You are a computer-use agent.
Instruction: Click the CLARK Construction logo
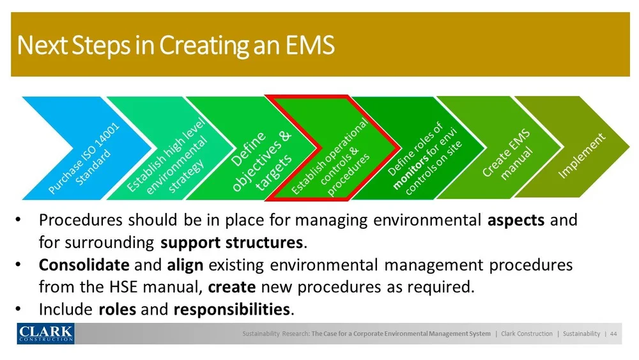(45, 333)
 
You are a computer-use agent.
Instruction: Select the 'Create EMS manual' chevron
(508, 148)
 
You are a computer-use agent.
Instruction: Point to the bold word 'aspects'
(516, 221)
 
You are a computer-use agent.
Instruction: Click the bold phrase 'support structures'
(231, 243)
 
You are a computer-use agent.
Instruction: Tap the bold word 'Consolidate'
(84, 265)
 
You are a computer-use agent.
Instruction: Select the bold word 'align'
(185, 265)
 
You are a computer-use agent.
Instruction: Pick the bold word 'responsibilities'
(231, 310)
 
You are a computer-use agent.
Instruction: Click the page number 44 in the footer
(613, 334)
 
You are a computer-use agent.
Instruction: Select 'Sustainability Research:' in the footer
(276, 334)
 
